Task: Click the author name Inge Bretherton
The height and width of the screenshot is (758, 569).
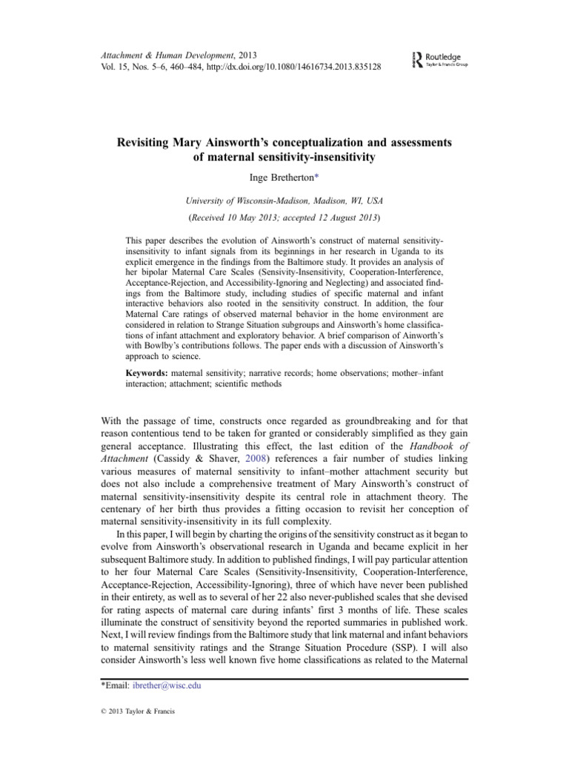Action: tap(282, 175)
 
